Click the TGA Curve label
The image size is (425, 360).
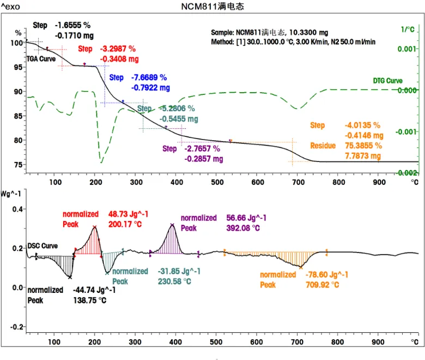[41, 58]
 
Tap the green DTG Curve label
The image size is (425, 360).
[387, 81]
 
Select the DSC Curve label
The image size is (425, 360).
[42, 247]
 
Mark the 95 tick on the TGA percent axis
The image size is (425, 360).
[18, 67]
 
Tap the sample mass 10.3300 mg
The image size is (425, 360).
[309, 33]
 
